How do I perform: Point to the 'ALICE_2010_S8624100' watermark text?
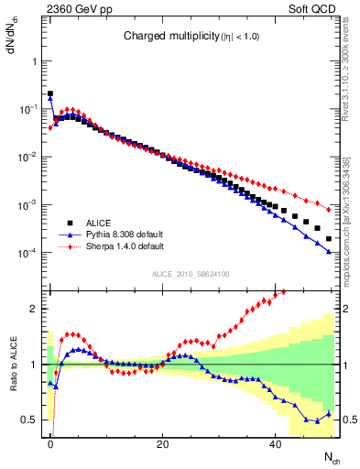click(x=190, y=273)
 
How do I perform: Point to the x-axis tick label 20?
click(x=162, y=444)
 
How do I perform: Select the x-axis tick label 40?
click(x=275, y=444)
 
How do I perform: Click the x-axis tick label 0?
click(x=50, y=444)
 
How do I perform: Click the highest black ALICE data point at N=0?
click(x=50, y=93)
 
